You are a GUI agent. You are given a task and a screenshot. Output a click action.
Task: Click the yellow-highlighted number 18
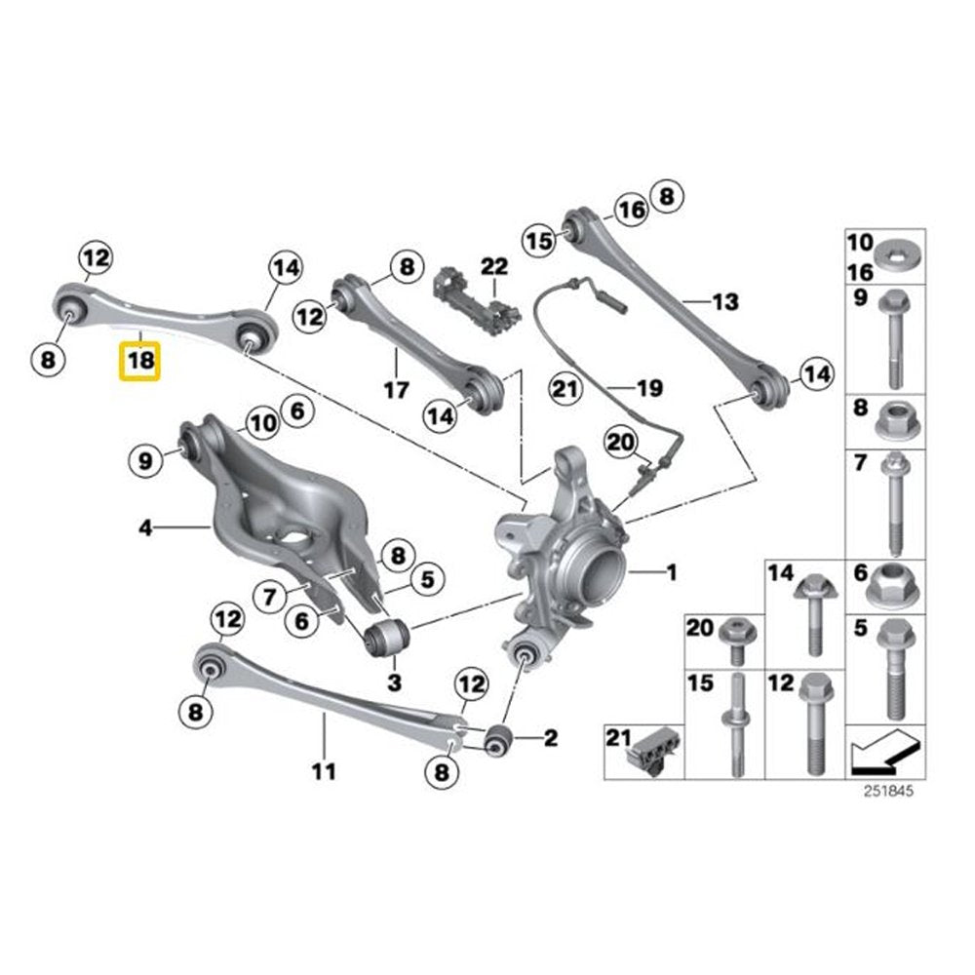139,361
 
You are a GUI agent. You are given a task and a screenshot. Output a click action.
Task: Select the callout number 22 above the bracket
494,267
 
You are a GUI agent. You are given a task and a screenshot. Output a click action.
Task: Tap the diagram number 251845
888,791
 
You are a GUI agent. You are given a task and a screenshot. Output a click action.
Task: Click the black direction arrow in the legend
885,753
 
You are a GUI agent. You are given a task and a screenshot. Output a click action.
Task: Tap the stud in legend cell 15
737,725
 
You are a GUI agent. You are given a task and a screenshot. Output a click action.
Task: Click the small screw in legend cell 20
737,641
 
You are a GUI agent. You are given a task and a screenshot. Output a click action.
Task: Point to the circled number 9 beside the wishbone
145,461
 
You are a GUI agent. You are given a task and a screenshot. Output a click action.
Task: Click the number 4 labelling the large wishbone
145,528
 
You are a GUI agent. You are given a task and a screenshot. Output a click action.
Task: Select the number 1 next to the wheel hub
672,571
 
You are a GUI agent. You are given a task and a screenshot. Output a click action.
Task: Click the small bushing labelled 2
498,739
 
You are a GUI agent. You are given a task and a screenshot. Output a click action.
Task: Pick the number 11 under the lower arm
324,771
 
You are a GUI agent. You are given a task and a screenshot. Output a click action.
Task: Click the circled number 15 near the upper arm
539,240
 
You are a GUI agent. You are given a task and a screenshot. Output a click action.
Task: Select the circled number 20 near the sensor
621,442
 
